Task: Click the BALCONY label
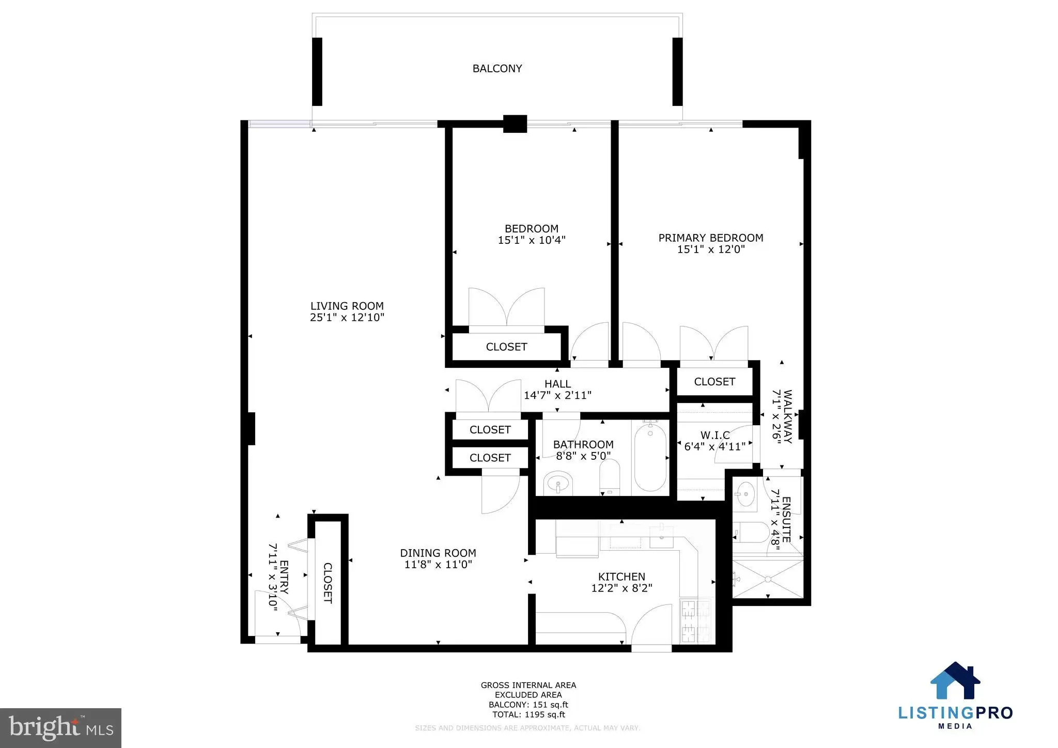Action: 497,68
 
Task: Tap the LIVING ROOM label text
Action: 347,306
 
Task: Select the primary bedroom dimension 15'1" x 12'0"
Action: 711,250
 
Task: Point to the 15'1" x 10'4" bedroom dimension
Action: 532,240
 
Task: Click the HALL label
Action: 557,384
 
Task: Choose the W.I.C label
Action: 715,435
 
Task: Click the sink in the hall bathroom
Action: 558,484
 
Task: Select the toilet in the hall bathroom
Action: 609,477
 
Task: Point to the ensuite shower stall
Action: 768,579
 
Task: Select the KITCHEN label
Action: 621,576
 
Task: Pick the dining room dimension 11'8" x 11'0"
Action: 438,565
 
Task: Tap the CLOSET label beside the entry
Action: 328,583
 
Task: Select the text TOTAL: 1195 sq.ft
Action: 528,714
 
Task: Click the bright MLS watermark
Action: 61,728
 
